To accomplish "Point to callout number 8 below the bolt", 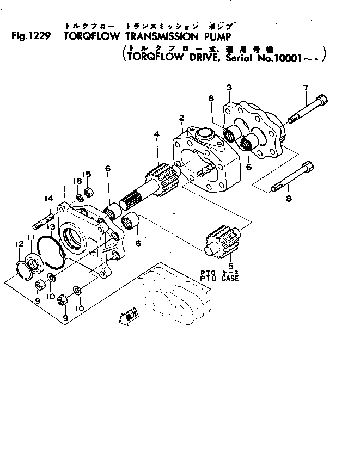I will tap(289, 199).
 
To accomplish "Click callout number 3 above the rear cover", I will tap(229, 87).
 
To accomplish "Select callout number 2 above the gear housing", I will tap(181, 118).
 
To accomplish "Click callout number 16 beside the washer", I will tap(78, 181).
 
